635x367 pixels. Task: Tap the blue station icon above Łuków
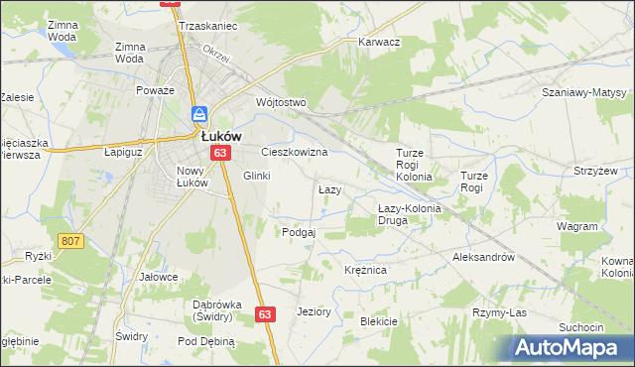[198, 115]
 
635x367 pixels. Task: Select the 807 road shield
[69, 240]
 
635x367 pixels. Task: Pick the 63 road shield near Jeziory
[264, 313]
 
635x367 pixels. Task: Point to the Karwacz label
[378, 43]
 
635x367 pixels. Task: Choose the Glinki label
[257, 176]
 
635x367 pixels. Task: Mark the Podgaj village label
[299, 232]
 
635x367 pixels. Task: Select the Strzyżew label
[596, 171]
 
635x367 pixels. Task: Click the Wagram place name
[576, 226]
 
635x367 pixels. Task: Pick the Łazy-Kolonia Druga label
[407, 214]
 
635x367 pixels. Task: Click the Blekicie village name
[379, 321]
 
